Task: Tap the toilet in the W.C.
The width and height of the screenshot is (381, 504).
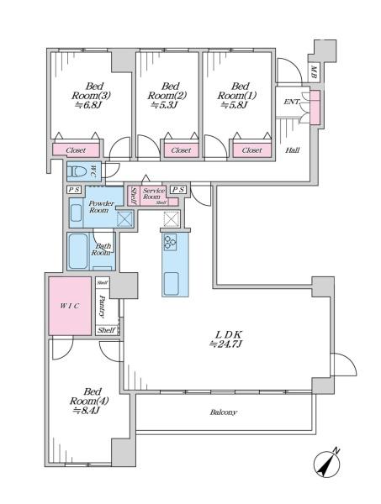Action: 77,171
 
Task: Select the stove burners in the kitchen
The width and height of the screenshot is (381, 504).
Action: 170,242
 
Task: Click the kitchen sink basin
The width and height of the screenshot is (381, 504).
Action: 172,284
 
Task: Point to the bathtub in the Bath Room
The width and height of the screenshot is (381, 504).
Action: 78,251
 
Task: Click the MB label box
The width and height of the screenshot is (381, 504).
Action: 314,72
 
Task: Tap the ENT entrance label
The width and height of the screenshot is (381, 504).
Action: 291,102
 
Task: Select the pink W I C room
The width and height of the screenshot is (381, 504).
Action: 70,306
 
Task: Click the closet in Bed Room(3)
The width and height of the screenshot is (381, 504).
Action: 76,150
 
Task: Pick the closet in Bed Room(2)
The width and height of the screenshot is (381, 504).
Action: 181,150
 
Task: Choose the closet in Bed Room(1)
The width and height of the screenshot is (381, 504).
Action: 252,150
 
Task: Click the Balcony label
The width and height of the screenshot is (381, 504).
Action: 224,412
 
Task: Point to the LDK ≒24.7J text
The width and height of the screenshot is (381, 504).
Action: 225,339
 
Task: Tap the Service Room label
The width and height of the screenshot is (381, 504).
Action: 154,193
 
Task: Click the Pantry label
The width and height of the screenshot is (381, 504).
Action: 103,307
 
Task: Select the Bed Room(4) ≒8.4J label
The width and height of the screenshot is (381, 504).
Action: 89,401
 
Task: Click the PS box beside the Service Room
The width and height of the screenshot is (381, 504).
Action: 178,190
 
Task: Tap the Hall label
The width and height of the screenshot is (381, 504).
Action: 293,150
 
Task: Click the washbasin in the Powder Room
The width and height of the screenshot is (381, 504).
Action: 76,213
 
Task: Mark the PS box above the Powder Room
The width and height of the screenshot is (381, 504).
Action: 74,190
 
